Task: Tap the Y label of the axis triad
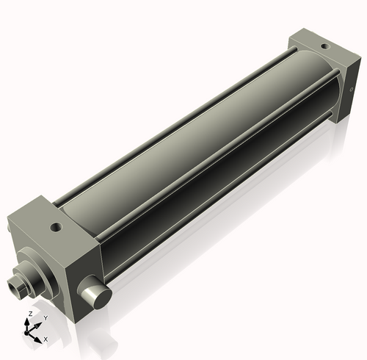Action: click(x=46, y=318)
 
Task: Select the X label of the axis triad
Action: click(x=46, y=339)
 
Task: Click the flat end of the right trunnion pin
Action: click(x=99, y=297)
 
